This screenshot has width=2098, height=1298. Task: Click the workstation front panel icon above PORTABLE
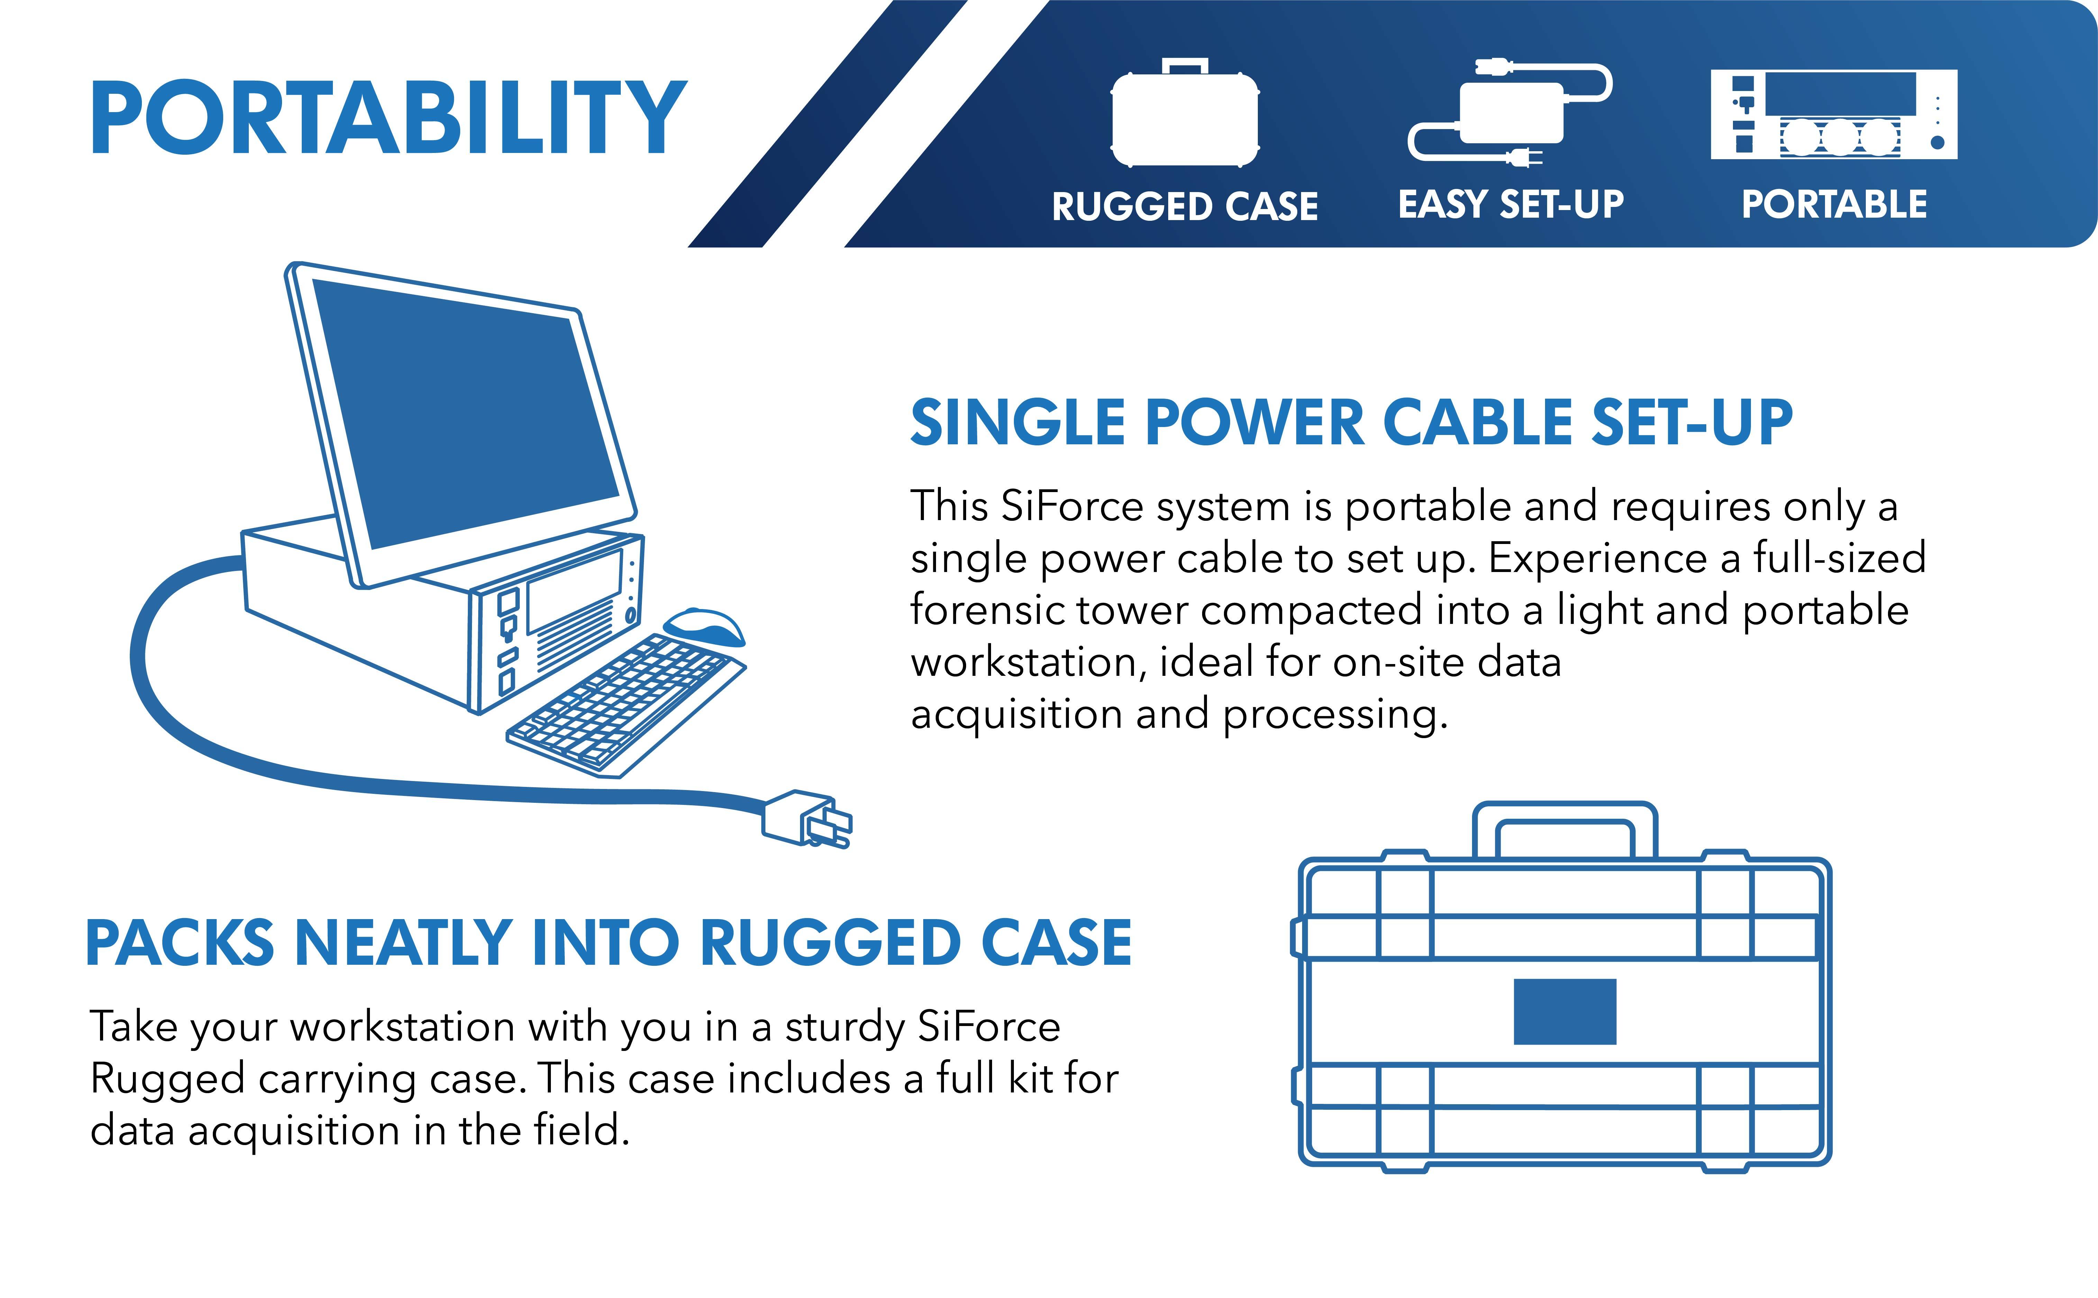[x=1834, y=114]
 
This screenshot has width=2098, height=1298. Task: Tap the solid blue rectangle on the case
[x=1564, y=1011]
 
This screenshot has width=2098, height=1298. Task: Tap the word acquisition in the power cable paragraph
[x=1016, y=714]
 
